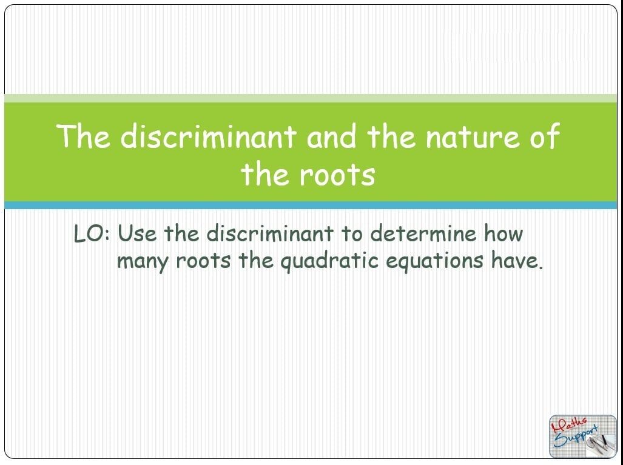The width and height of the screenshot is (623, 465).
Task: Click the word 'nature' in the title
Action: pyautogui.click(x=473, y=137)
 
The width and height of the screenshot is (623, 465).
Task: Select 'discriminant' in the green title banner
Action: pyautogui.click(x=208, y=136)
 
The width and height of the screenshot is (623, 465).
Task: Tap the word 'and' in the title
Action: pyautogui.click(x=331, y=136)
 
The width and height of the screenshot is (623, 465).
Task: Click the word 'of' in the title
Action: pyautogui.click(x=545, y=136)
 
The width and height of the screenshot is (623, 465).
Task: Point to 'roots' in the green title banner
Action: pyautogui.click(x=337, y=176)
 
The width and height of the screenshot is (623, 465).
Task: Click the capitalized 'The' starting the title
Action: pyautogui.click(x=83, y=136)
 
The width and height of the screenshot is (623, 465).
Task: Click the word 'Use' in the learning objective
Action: pyautogui.click(x=138, y=233)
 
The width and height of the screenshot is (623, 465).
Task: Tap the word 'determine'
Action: pyautogui.click(x=423, y=233)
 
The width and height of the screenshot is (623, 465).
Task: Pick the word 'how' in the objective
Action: pyautogui.click(x=503, y=233)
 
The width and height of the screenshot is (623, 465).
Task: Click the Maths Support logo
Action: pyautogui.click(x=583, y=437)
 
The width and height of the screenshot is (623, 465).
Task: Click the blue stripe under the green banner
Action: pyautogui.click(x=311, y=206)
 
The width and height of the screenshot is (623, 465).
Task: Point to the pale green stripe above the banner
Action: pyautogui.click(x=311, y=98)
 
